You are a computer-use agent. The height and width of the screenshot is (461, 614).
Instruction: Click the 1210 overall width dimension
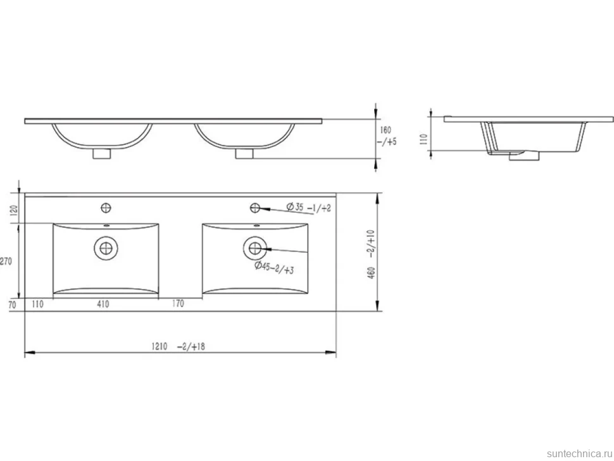point(160,346)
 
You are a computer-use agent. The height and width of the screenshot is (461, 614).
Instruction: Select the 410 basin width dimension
point(103,304)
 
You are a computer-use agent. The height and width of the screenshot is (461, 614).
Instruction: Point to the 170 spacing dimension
point(178,303)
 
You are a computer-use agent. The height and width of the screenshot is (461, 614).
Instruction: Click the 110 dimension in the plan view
point(37,304)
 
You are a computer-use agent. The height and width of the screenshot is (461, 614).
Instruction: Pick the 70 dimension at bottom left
point(12,305)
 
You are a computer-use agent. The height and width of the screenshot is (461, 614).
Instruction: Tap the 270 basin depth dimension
point(6,262)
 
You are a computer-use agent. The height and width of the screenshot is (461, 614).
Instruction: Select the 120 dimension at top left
point(14,210)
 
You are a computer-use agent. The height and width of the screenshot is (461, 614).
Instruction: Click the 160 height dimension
point(385,130)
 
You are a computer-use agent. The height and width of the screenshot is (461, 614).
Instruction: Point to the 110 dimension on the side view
point(423,139)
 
